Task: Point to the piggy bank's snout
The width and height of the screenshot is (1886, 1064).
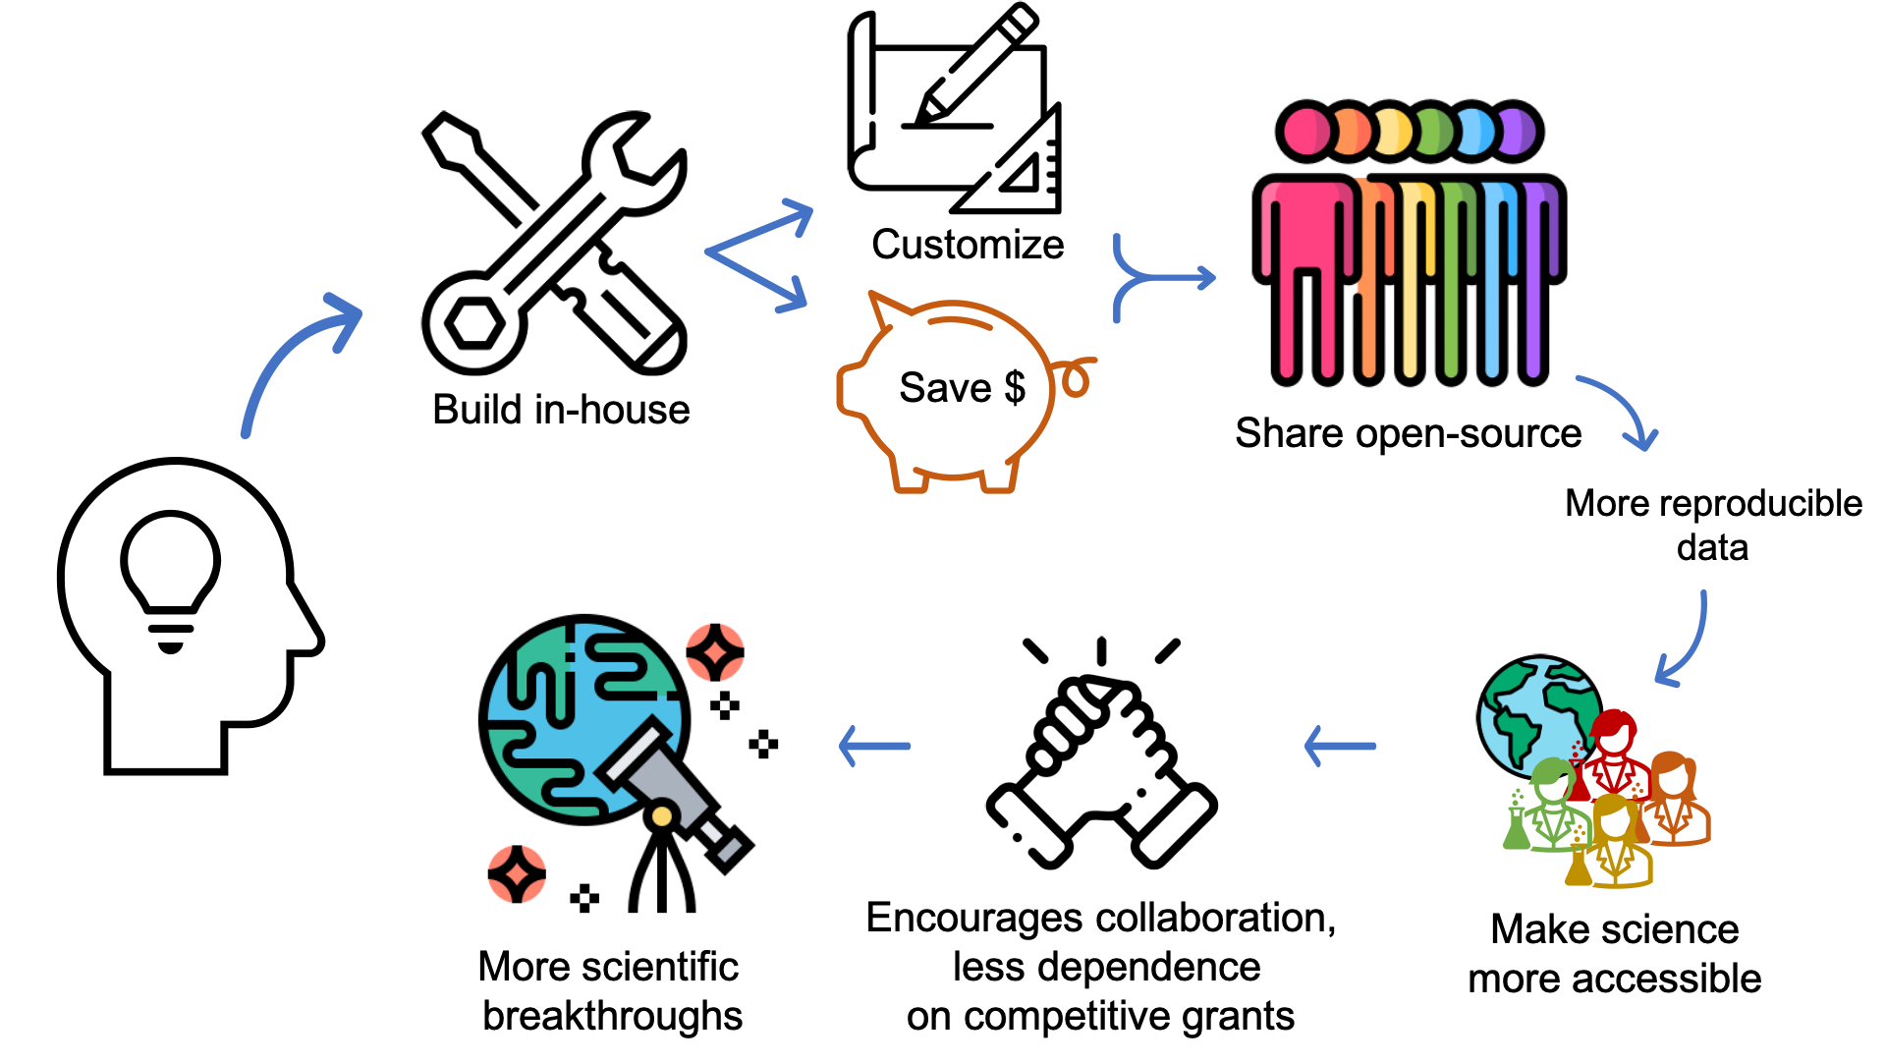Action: coord(847,389)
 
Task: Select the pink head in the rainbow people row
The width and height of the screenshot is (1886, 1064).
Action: coord(1305,132)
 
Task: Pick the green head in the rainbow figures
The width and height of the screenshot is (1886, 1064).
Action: coord(1435,132)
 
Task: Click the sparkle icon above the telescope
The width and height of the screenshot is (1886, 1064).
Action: coord(715,652)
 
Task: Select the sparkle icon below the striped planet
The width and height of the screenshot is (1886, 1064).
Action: coord(517,874)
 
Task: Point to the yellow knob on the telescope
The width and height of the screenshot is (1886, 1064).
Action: coord(662,816)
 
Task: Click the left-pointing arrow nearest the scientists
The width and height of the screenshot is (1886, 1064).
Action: coord(1340,747)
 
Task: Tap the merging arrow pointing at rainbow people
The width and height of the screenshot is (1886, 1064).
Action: coord(1163,278)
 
